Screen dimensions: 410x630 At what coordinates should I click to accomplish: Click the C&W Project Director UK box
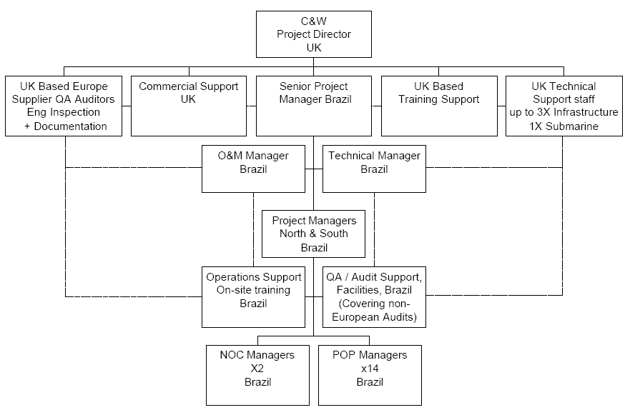pos(313,34)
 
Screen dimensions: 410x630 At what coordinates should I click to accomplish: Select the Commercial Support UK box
pos(188,105)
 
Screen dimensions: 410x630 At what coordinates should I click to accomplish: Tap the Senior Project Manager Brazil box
pos(313,105)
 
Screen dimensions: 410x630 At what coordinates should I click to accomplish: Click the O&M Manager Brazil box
pos(252,169)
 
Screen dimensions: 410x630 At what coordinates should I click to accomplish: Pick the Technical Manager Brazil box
pos(374,169)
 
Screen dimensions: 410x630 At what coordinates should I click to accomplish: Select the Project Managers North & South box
pos(314,234)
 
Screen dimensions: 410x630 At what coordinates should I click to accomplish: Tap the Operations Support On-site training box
pos(252,296)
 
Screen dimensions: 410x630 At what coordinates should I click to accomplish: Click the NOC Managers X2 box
pos(252,374)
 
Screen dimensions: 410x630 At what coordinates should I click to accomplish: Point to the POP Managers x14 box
pos(370,374)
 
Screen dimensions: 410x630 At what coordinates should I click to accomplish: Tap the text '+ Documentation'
pos(65,126)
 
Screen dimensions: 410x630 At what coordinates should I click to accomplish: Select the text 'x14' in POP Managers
pos(370,369)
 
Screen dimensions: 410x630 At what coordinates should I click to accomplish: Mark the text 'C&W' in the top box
pos(314,21)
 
